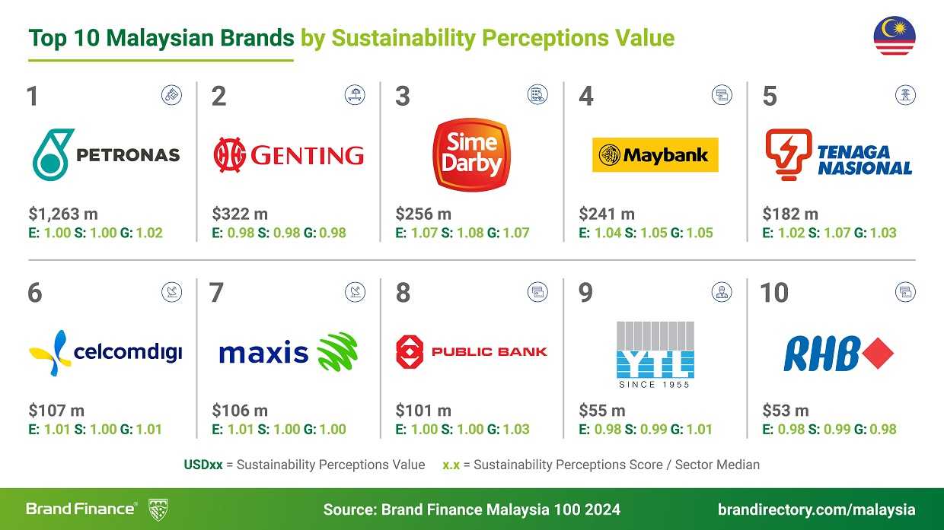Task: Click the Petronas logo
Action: coord(107,154)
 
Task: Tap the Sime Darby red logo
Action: coord(471,154)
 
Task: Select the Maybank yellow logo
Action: coord(655,154)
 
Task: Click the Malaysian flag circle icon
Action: coord(895,36)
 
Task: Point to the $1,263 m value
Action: coord(63,214)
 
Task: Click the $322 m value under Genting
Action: coord(240,214)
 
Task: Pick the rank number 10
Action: coord(774,293)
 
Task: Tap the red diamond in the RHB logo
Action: coord(878,353)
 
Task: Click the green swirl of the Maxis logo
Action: coord(337,351)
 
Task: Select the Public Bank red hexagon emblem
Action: coord(410,351)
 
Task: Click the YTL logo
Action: coord(655,354)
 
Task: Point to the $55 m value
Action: coord(601,411)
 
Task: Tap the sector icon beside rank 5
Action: coord(905,95)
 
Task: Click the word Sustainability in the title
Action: coord(403,38)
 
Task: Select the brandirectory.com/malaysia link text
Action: coord(816,509)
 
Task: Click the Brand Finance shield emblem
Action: coord(158,509)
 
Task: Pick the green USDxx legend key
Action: coord(203,465)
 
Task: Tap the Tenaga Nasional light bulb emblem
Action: coord(789,154)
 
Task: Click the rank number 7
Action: coord(216,293)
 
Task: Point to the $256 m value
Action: coord(423,214)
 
